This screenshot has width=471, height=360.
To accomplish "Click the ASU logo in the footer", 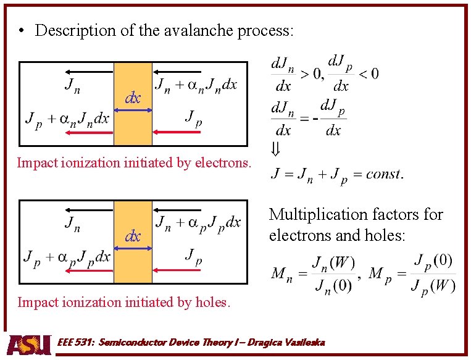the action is click(29, 344).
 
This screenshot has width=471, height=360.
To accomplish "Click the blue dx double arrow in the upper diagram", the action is click(133, 110).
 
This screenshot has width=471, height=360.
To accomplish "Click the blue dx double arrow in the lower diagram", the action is click(133, 248).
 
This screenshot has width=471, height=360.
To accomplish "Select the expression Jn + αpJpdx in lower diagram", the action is click(198, 222).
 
